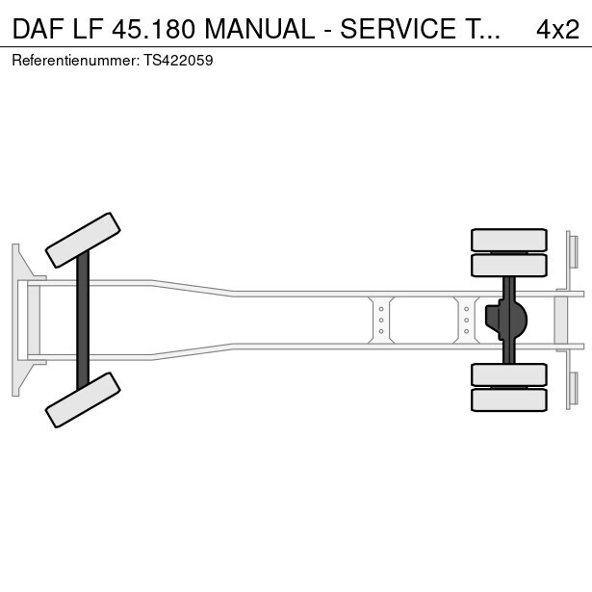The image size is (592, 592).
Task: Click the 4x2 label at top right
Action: [x=558, y=29]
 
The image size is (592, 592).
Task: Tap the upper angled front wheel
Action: [x=84, y=240]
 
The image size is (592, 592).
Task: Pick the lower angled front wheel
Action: [x=84, y=399]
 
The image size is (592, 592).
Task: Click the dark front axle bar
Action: [x=83, y=320]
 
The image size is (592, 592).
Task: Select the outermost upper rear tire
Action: [x=508, y=240]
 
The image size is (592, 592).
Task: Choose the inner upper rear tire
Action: [x=508, y=265]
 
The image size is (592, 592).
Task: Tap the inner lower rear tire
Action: [x=508, y=374]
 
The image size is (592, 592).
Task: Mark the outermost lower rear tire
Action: [x=508, y=399]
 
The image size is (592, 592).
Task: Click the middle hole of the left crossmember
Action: [x=382, y=320]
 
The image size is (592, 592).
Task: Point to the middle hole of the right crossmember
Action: [x=466, y=320]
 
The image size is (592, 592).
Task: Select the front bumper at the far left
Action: [x=16, y=320]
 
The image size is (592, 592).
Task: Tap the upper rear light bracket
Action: [x=573, y=251]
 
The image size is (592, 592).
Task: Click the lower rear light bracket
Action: [x=573, y=389]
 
